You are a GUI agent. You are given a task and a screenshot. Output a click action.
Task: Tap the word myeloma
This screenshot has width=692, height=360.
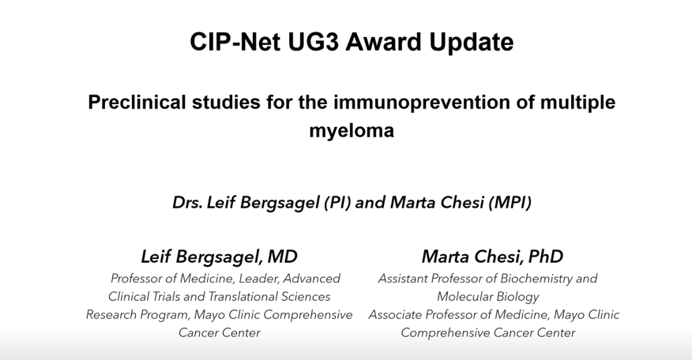click(x=352, y=130)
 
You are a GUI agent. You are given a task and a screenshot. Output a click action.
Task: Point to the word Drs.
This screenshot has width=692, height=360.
click(x=187, y=203)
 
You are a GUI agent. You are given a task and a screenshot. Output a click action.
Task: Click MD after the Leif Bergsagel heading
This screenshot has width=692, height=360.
click(x=282, y=257)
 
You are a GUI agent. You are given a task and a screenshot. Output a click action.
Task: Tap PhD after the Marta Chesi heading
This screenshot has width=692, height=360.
click(x=546, y=257)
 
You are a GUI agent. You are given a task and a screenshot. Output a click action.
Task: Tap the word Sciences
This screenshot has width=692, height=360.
click(x=305, y=297)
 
